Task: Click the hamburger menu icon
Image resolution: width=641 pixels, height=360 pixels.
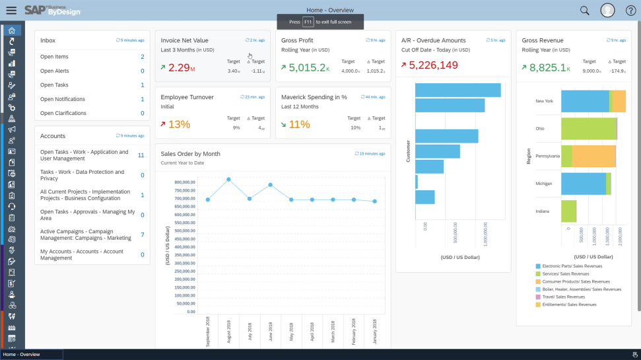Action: tap(11, 11)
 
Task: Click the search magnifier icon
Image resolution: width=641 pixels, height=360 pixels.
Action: tap(584, 11)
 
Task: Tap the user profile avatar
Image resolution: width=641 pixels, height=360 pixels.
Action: tap(607, 11)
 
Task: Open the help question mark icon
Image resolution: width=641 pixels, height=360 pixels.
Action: tap(630, 11)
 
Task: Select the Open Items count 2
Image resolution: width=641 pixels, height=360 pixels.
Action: tap(142, 57)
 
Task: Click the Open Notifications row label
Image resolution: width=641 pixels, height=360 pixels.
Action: tap(63, 99)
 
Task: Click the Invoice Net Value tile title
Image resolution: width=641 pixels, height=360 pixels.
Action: tap(184, 40)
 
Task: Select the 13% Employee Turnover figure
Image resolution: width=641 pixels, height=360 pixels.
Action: tap(178, 124)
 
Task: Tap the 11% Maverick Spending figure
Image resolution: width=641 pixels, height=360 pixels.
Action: tap(299, 124)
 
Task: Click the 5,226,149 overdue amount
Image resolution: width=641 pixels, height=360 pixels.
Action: tap(433, 65)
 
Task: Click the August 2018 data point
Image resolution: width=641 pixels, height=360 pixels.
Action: tap(228, 179)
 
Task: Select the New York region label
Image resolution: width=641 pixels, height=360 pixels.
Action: tap(544, 101)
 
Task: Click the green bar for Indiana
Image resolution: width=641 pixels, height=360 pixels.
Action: tap(568, 211)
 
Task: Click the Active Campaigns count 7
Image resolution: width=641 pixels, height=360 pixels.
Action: tap(142, 234)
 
